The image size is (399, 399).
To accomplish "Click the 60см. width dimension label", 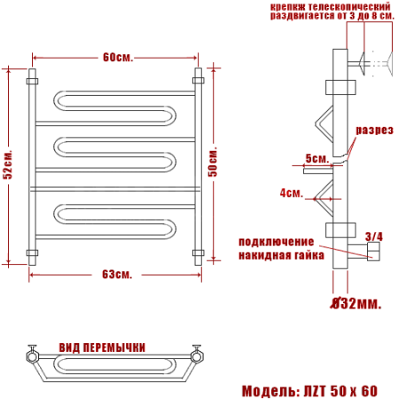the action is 118,58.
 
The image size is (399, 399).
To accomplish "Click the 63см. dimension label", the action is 117,275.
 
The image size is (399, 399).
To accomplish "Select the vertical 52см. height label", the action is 8,165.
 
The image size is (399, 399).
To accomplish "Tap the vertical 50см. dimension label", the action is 213,161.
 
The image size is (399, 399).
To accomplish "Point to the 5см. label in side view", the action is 317,159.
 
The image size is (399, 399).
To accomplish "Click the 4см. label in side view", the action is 292,193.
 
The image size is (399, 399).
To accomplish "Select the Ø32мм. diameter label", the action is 356,303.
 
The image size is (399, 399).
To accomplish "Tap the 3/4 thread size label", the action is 374,237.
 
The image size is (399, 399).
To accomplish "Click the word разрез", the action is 374,130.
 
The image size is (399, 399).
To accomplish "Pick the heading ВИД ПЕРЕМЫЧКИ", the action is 102,348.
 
